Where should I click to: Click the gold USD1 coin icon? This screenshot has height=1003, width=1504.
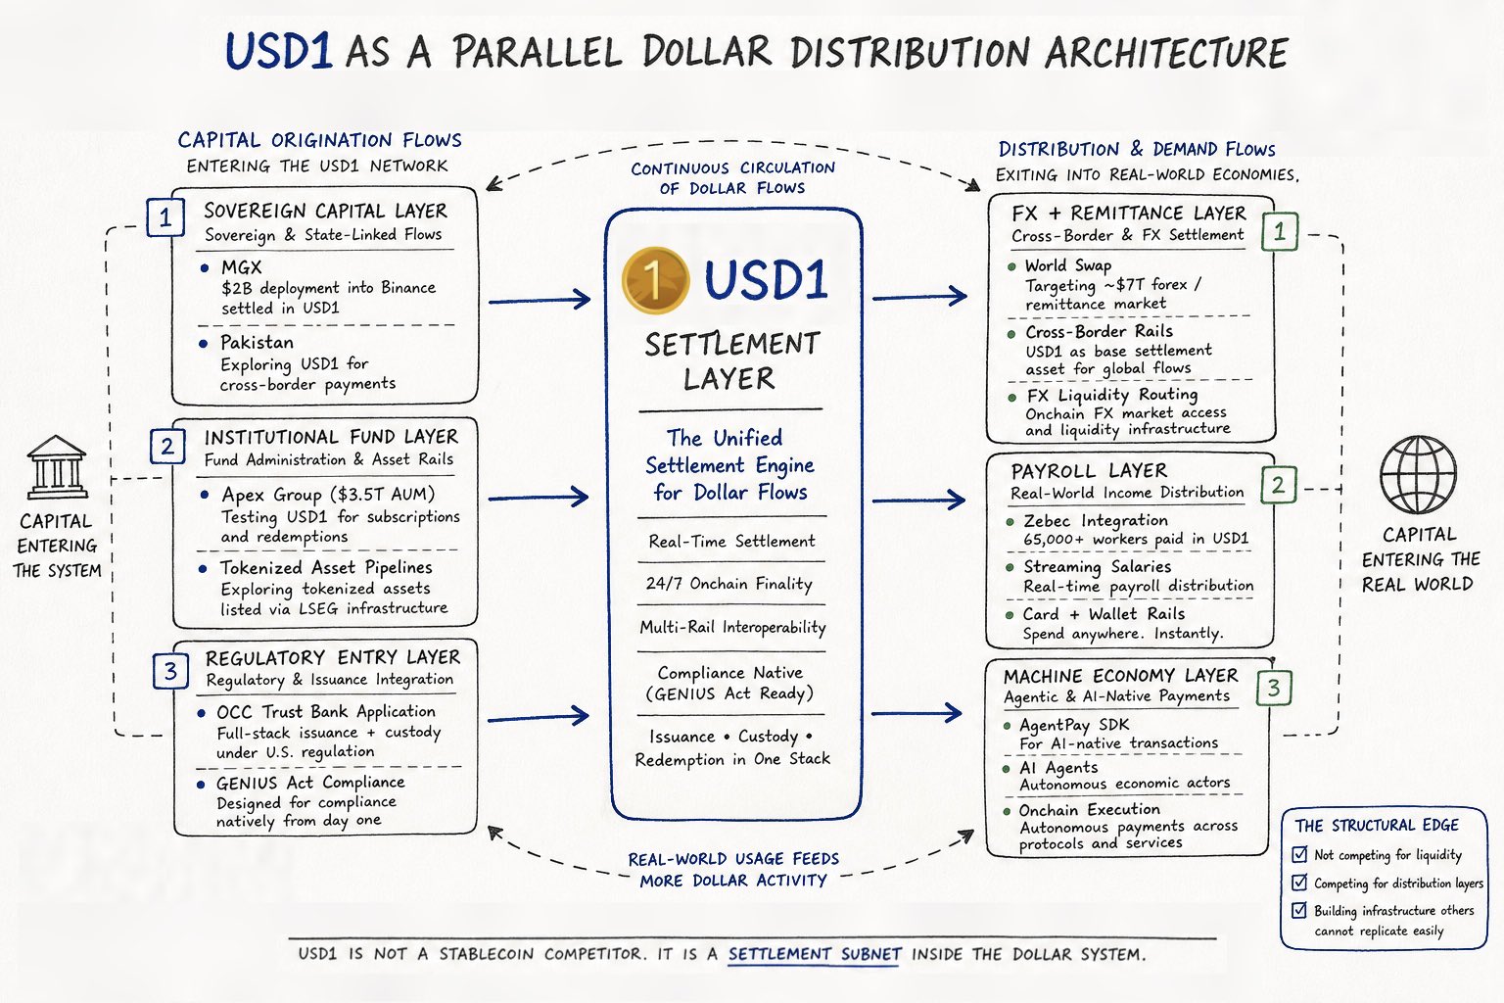click(x=655, y=281)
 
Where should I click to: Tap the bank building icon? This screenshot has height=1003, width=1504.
click(x=57, y=467)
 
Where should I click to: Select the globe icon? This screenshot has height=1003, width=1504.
click(x=1418, y=474)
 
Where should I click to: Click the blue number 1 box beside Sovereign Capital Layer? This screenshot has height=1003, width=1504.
click(x=165, y=217)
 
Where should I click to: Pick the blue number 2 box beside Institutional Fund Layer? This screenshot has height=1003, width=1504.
click(x=167, y=446)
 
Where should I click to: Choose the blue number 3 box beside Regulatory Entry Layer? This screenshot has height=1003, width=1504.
click(x=170, y=670)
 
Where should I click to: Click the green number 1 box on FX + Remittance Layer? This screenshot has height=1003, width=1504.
click(x=1279, y=232)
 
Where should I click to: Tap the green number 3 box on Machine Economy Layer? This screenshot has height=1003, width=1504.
click(x=1274, y=688)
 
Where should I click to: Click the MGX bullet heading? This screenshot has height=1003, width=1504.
click(x=242, y=267)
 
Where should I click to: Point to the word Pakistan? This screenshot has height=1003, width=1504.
click(x=258, y=343)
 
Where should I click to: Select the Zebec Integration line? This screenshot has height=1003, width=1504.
click(x=1096, y=521)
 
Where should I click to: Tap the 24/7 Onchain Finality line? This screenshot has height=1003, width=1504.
click(x=729, y=583)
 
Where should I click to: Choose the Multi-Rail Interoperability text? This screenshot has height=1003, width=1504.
click(x=732, y=627)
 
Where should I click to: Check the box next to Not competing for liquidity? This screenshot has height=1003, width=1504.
click(x=1300, y=854)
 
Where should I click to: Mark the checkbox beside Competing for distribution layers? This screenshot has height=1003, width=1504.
click(x=1300, y=882)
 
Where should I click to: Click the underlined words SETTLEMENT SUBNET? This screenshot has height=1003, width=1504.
click(x=815, y=954)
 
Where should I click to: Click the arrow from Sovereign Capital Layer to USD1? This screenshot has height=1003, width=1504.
click(x=540, y=300)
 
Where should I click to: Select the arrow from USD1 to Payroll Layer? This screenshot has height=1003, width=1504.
click(x=918, y=500)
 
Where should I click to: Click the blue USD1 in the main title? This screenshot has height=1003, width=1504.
click(x=279, y=51)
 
